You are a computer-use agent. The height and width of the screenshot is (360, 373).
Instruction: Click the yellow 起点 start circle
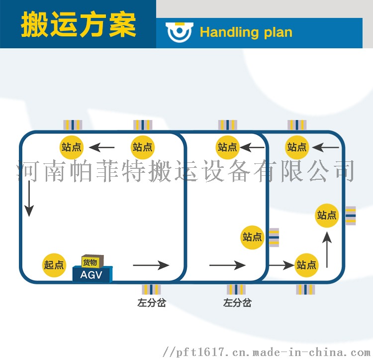54,265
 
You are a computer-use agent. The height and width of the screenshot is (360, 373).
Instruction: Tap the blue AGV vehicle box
92,274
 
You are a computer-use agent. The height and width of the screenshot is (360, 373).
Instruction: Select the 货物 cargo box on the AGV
93,261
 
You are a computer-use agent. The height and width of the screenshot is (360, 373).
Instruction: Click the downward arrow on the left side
29,199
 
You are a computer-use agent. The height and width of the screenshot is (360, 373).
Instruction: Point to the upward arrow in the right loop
327,249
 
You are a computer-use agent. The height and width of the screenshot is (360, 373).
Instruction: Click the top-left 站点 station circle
71,147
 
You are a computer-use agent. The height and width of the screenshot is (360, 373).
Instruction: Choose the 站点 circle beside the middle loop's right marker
252,238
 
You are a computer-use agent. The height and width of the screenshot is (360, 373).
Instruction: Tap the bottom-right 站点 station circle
306,265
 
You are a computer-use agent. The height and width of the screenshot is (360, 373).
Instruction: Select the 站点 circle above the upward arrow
327,216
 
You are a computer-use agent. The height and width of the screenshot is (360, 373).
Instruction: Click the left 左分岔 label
152,303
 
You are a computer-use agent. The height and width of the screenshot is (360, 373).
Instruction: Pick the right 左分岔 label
237,303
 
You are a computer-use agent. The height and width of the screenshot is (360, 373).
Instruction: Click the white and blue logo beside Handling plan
180,32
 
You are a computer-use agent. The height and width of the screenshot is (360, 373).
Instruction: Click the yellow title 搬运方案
79,24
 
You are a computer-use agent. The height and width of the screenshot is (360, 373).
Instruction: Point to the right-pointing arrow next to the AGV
151,265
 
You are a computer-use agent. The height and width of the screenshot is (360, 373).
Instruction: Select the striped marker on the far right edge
351,216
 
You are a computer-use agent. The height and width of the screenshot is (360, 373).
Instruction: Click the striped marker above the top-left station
73,125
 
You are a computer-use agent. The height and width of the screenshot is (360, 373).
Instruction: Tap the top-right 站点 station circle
297,147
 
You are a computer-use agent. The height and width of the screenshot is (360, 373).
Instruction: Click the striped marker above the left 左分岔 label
151,289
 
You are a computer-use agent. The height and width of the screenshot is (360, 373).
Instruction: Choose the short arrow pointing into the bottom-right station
281,265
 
